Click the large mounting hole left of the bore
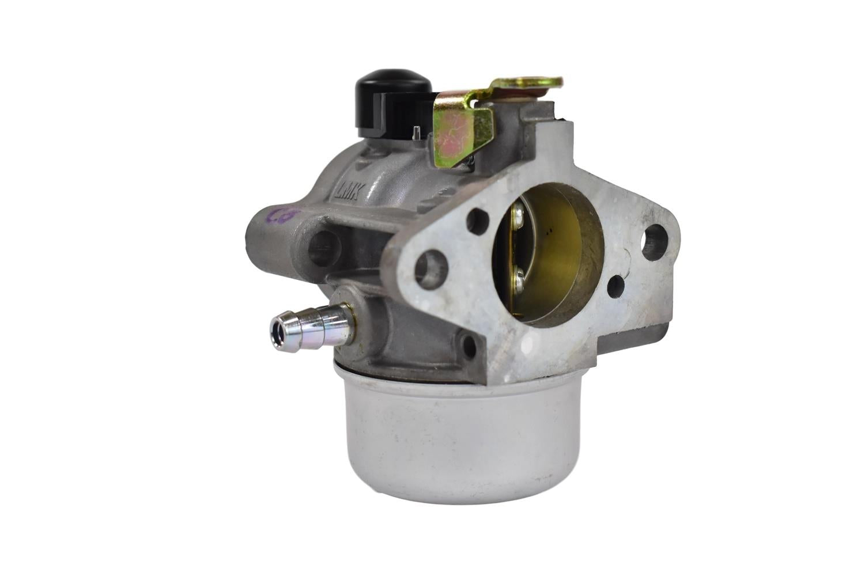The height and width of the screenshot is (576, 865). (432, 266)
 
